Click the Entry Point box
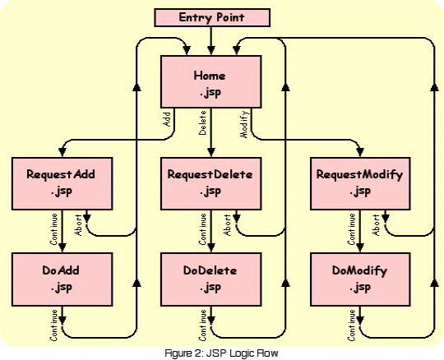click(x=212, y=17)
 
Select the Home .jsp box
click(x=211, y=82)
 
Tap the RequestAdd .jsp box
click(x=62, y=183)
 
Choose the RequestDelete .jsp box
click(x=211, y=183)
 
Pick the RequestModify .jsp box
click(x=360, y=183)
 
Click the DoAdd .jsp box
click(x=62, y=279)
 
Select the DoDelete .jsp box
click(x=211, y=279)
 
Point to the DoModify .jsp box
click(x=360, y=279)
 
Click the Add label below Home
click(x=166, y=119)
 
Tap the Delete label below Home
click(x=202, y=122)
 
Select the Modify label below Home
click(x=244, y=124)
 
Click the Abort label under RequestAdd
click(x=78, y=225)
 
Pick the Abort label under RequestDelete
click(x=227, y=225)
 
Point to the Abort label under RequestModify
click(x=376, y=225)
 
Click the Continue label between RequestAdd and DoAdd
click(x=53, y=229)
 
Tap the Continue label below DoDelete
click(x=202, y=325)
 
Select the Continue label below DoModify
click(x=352, y=325)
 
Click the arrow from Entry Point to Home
click(x=211, y=40)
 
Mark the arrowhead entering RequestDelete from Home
click(x=211, y=152)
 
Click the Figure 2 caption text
click(x=222, y=353)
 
